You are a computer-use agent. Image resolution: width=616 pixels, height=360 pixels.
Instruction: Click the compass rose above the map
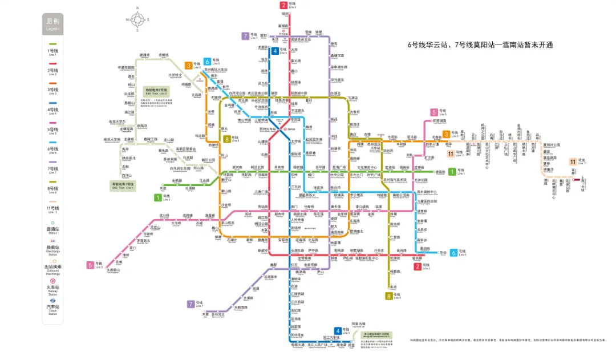137,18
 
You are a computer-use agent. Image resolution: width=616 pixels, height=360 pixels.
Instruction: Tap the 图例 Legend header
52,23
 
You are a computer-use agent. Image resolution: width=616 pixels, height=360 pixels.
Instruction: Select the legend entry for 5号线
52,131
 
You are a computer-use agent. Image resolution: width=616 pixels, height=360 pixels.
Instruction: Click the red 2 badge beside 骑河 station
283,6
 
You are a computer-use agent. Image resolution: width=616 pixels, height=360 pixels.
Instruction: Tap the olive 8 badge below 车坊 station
389,296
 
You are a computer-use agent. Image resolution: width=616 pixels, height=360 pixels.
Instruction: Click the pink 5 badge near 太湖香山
91,265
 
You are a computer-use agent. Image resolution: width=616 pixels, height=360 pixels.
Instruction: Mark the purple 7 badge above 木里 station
191,304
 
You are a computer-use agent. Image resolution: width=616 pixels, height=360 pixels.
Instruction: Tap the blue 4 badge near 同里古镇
338,331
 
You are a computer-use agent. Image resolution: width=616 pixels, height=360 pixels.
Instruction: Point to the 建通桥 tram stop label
145,55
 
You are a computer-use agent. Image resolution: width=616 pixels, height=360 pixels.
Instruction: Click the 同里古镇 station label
358,324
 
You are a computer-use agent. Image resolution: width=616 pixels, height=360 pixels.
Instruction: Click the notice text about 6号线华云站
480,45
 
